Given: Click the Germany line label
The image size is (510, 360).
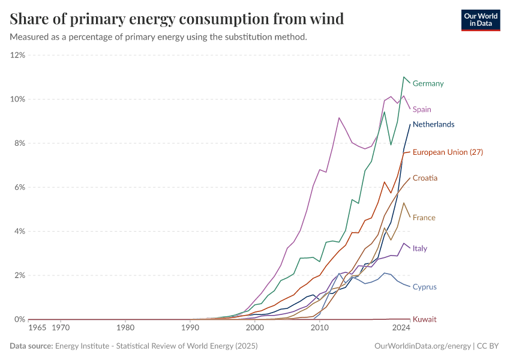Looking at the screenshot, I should [428, 83].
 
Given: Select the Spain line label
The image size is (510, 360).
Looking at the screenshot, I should [422, 109].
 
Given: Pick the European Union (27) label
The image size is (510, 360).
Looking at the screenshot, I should [448, 152].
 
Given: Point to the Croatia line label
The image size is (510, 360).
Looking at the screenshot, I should [425, 178].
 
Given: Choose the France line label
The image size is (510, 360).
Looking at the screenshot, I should [424, 217].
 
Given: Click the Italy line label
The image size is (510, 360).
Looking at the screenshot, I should [420, 248].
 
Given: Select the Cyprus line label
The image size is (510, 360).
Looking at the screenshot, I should [424, 287].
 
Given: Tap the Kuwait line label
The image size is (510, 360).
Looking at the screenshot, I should [424, 319].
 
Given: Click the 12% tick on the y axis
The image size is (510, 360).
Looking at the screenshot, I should [17, 55].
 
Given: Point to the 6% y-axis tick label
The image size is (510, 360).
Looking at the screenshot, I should [19, 187].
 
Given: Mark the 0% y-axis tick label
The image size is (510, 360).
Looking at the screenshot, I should [19, 319].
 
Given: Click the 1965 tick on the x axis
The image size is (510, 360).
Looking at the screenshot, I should [37, 328].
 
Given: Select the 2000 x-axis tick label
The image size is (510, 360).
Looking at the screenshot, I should [255, 328].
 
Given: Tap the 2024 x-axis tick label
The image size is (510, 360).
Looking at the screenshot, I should [400, 328].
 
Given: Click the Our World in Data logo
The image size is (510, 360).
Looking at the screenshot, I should [481, 20].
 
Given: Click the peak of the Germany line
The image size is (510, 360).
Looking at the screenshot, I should [404, 77].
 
